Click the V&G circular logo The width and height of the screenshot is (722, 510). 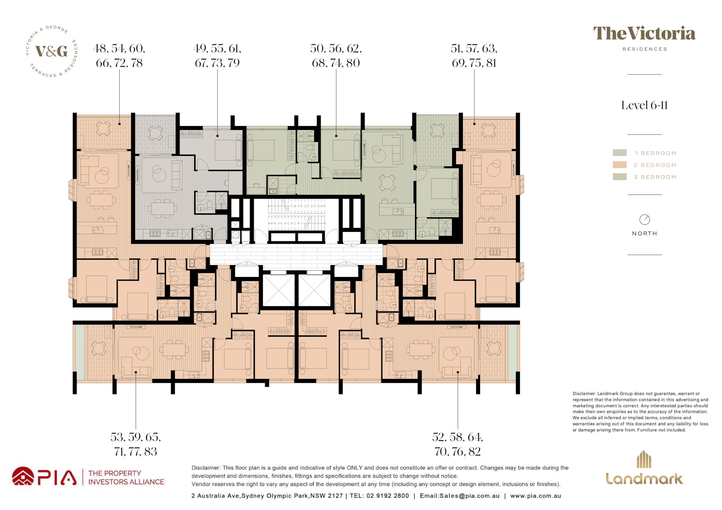[52, 51]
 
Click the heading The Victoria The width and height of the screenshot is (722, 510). [644, 34]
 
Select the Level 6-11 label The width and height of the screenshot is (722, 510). [644, 105]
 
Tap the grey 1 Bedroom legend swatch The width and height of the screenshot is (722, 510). [620, 153]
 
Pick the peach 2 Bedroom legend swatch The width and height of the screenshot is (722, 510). [620, 165]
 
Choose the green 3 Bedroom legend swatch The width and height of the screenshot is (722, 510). [620, 177]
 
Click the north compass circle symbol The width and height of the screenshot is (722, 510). [645, 220]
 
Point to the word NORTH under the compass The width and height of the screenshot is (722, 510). [645, 234]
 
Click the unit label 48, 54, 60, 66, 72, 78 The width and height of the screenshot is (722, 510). [119, 56]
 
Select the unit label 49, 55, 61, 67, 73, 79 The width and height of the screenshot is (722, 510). [217, 56]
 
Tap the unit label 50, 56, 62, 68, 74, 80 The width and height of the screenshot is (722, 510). [336, 56]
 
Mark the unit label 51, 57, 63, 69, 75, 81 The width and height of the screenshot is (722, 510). [474, 56]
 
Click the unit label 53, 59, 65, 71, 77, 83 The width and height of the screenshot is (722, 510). [136, 444]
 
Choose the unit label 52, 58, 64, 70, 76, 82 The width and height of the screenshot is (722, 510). [458, 444]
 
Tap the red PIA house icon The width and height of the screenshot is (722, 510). [23, 476]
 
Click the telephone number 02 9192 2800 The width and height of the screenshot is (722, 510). [388, 495]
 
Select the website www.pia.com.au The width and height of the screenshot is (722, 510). [535, 495]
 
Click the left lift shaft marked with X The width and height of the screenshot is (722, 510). [279, 290]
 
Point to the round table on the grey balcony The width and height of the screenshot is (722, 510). [155, 133]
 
